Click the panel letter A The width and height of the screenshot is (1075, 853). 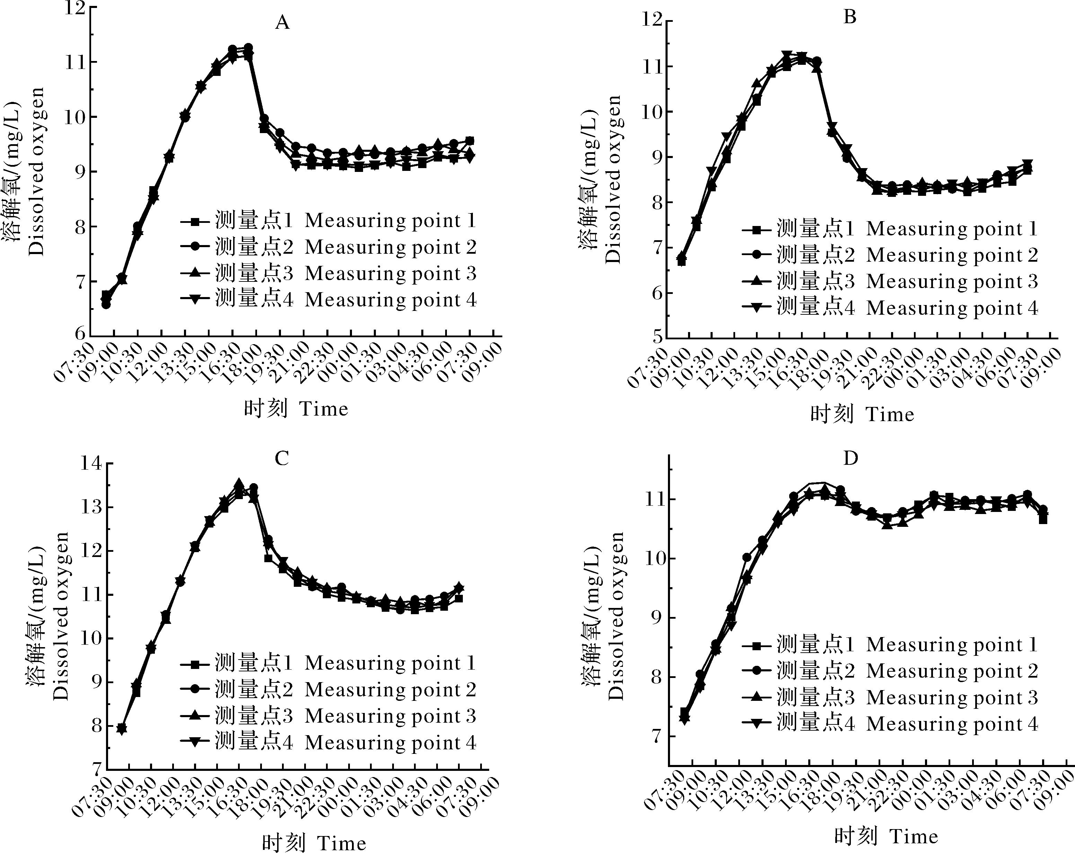point(282,23)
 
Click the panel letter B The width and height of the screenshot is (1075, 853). point(849,17)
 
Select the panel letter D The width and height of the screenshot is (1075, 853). point(850,458)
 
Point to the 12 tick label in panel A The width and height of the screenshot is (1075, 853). point(74,8)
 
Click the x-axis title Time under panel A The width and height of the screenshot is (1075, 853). point(296,409)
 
